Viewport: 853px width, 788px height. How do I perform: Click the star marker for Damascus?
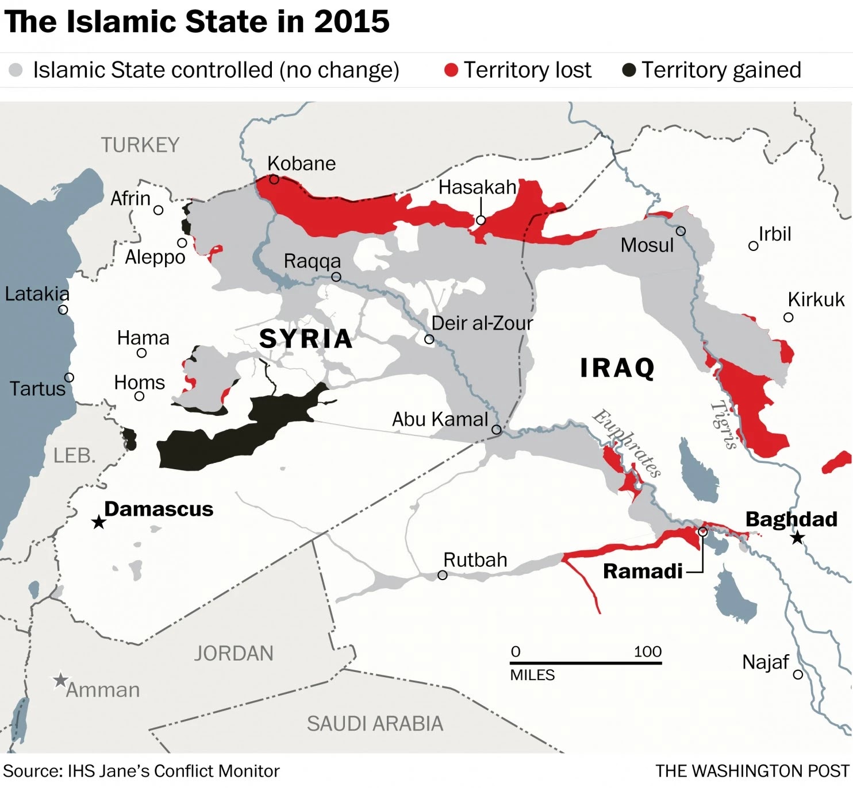tap(99, 522)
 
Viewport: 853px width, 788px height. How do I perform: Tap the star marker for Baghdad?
tap(797, 538)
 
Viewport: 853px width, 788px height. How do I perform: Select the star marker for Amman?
tap(60, 680)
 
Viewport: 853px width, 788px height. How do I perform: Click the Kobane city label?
tap(301, 164)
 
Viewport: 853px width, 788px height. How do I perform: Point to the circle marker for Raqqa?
tap(336, 277)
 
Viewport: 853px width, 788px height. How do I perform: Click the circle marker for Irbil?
tap(753, 246)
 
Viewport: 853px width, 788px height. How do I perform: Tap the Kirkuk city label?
tap(816, 300)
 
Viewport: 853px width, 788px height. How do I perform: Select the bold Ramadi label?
tap(643, 571)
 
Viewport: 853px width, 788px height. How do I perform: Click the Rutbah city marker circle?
tap(442, 575)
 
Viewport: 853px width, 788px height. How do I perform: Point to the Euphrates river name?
tap(627, 443)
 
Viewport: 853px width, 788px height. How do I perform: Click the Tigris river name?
tap(724, 424)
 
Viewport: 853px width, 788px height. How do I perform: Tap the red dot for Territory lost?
tap(451, 70)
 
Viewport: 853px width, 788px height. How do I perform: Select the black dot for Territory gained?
tap(629, 70)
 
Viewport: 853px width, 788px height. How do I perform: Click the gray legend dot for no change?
tap(16, 70)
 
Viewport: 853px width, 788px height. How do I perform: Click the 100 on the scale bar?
tap(647, 651)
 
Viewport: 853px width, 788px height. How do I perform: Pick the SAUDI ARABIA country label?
tap(375, 724)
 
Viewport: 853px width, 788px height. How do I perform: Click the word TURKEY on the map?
tap(140, 145)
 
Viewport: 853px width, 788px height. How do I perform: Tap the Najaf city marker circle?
tap(798, 674)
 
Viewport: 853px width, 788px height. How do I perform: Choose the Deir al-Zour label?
tap(482, 323)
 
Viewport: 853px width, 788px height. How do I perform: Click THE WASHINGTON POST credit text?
tap(752, 771)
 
